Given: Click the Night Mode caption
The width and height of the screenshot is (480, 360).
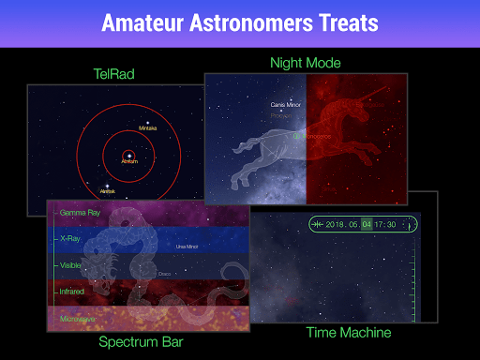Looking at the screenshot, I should (305, 63).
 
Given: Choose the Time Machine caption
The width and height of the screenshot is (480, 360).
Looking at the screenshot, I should (348, 332).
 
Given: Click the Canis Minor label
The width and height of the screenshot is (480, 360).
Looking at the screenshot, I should (284, 105).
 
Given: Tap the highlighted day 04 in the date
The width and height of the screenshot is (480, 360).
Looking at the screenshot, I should (367, 225).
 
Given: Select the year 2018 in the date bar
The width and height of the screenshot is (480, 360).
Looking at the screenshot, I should (335, 225).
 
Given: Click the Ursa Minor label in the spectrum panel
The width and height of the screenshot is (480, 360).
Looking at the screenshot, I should (187, 247).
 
